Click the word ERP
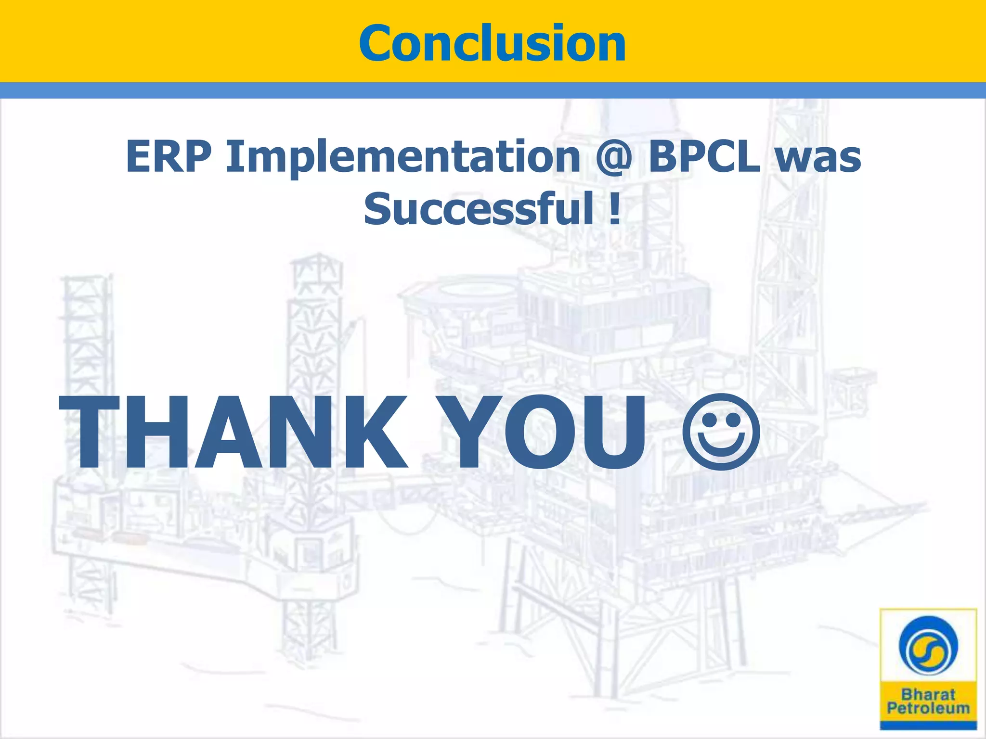tap(169, 156)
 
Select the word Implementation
tap(403, 156)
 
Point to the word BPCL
tap(704, 156)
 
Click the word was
tap(818, 157)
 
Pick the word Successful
tap(479, 208)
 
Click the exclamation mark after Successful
tap(614, 208)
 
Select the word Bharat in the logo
tap(928, 695)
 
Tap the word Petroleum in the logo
tap(928, 708)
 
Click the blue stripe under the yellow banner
tap(493, 90)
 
